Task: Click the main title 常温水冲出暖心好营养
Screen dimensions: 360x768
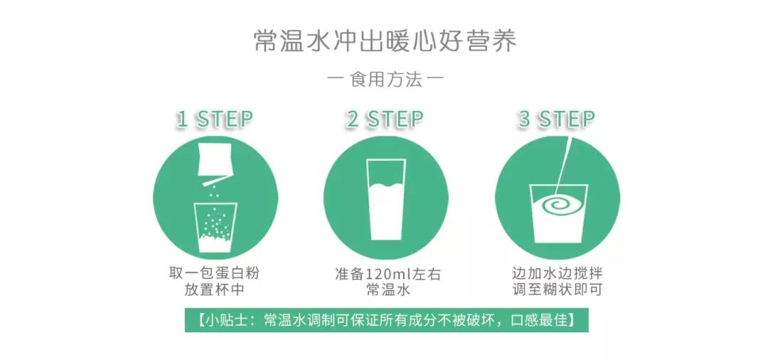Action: [385, 41]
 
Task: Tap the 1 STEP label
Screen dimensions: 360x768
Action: [214, 119]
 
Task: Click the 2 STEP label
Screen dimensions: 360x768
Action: [385, 119]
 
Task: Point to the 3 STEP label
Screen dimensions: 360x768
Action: [556, 119]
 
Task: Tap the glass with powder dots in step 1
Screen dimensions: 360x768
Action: [214, 226]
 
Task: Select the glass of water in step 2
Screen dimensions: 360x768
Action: [385, 199]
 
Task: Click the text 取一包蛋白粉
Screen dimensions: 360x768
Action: [214, 274]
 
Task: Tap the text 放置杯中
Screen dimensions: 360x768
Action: [214, 291]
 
